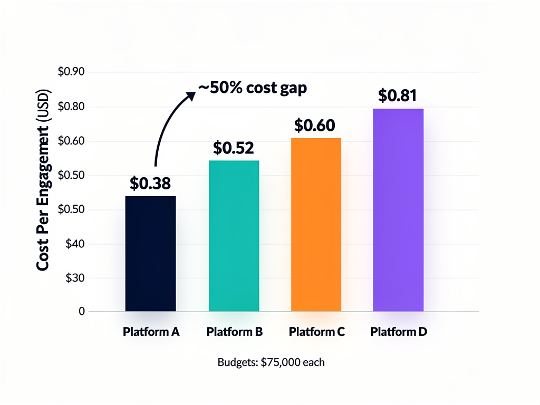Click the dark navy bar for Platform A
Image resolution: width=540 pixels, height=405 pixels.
pyautogui.click(x=150, y=254)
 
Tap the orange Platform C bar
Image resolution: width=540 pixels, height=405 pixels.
pyautogui.click(x=316, y=225)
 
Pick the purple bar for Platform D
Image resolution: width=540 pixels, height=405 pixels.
pyautogui.click(x=398, y=210)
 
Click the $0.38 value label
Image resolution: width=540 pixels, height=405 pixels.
pyautogui.click(x=150, y=184)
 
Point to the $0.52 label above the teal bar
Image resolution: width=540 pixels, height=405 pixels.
pyautogui.click(x=234, y=148)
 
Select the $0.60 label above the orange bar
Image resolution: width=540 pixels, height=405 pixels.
pyautogui.click(x=314, y=126)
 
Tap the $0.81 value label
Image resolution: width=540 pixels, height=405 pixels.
pyautogui.click(x=398, y=95)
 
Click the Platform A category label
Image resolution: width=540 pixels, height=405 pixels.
pyautogui.click(x=151, y=332)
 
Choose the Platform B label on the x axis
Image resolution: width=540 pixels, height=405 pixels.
pyautogui.click(x=235, y=332)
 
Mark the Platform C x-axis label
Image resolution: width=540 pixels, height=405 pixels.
pyautogui.click(x=317, y=332)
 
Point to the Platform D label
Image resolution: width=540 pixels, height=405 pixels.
pyautogui.click(x=399, y=332)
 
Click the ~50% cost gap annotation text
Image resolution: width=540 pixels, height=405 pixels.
pyautogui.click(x=252, y=88)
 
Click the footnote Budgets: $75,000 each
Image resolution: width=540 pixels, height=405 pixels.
pyautogui.click(x=271, y=362)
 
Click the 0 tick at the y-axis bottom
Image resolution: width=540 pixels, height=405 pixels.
pyautogui.click(x=82, y=312)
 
